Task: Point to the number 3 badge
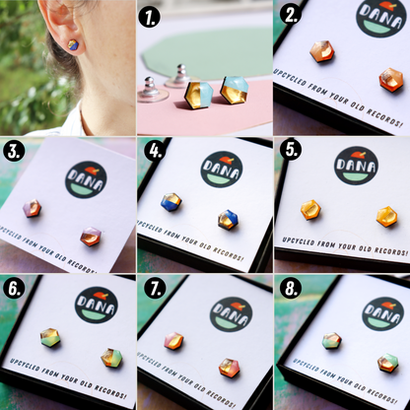[15, 153]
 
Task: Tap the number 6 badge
[15, 290]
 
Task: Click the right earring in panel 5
[387, 217]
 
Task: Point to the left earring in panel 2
[322, 51]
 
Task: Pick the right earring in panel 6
[111, 357]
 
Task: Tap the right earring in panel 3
[90, 237]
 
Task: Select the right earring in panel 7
[229, 368]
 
